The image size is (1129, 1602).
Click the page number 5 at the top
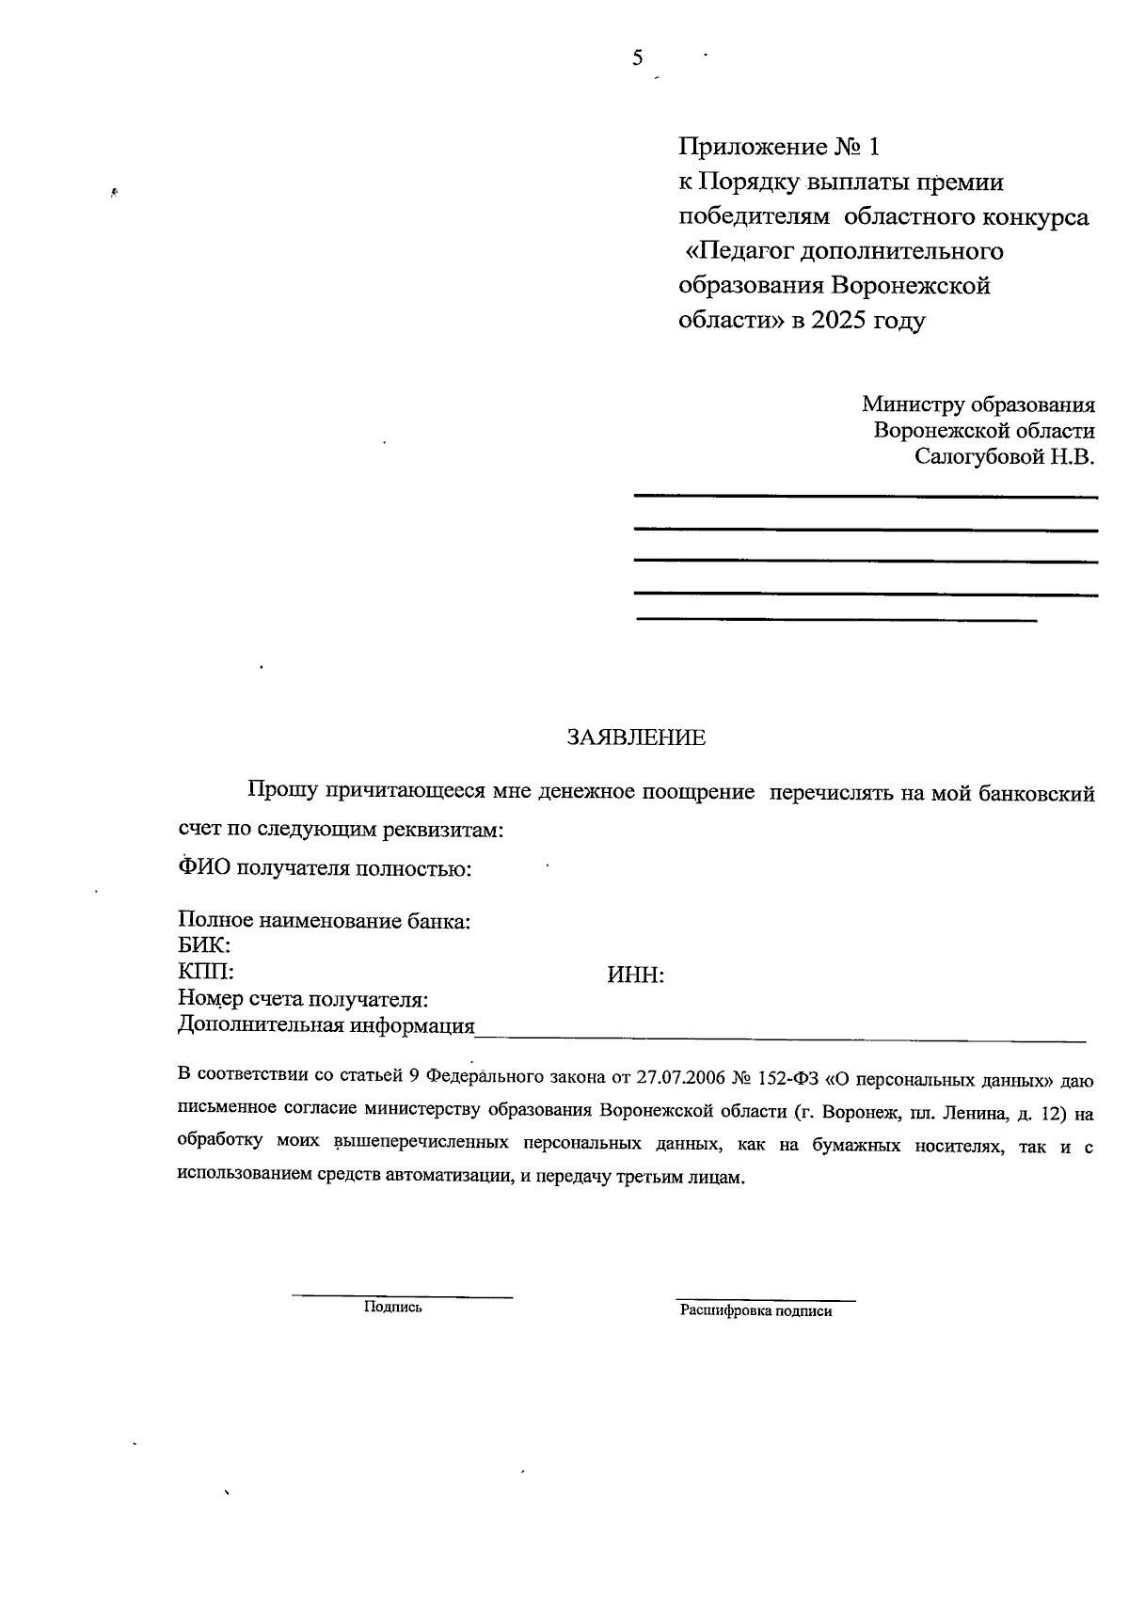[x=637, y=58]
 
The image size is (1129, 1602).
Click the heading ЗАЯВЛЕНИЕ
[x=635, y=738]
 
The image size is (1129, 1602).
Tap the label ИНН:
[x=636, y=975]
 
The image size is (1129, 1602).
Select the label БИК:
[x=204, y=945]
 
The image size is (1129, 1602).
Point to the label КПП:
[x=205, y=971]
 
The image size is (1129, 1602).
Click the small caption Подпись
[x=392, y=1307]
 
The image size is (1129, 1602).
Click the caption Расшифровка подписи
[x=756, y=1310]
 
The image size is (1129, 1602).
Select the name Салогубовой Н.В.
[x=1005, y=457]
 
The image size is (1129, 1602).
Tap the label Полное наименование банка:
[x=324, y=921]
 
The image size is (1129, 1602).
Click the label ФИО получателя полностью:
[x=324, y=867]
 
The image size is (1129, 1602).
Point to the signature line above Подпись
[x=402, y=1297]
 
